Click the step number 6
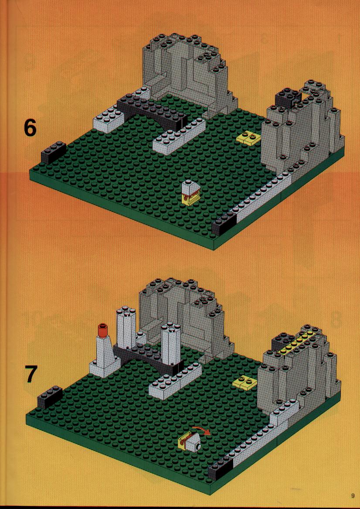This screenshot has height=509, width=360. (x=30, y=128)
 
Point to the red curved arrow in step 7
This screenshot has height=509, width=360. (x=201, y=430)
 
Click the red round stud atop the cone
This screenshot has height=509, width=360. (x=102, y=329)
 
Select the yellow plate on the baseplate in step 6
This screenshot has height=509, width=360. (x=248, y=137)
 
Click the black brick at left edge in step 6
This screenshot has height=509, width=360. (x=54, y=153)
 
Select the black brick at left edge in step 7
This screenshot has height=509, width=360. (x=50, y=397)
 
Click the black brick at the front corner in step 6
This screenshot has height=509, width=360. (x=224, y=225)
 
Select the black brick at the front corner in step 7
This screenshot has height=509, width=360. (x=220, y=469)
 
